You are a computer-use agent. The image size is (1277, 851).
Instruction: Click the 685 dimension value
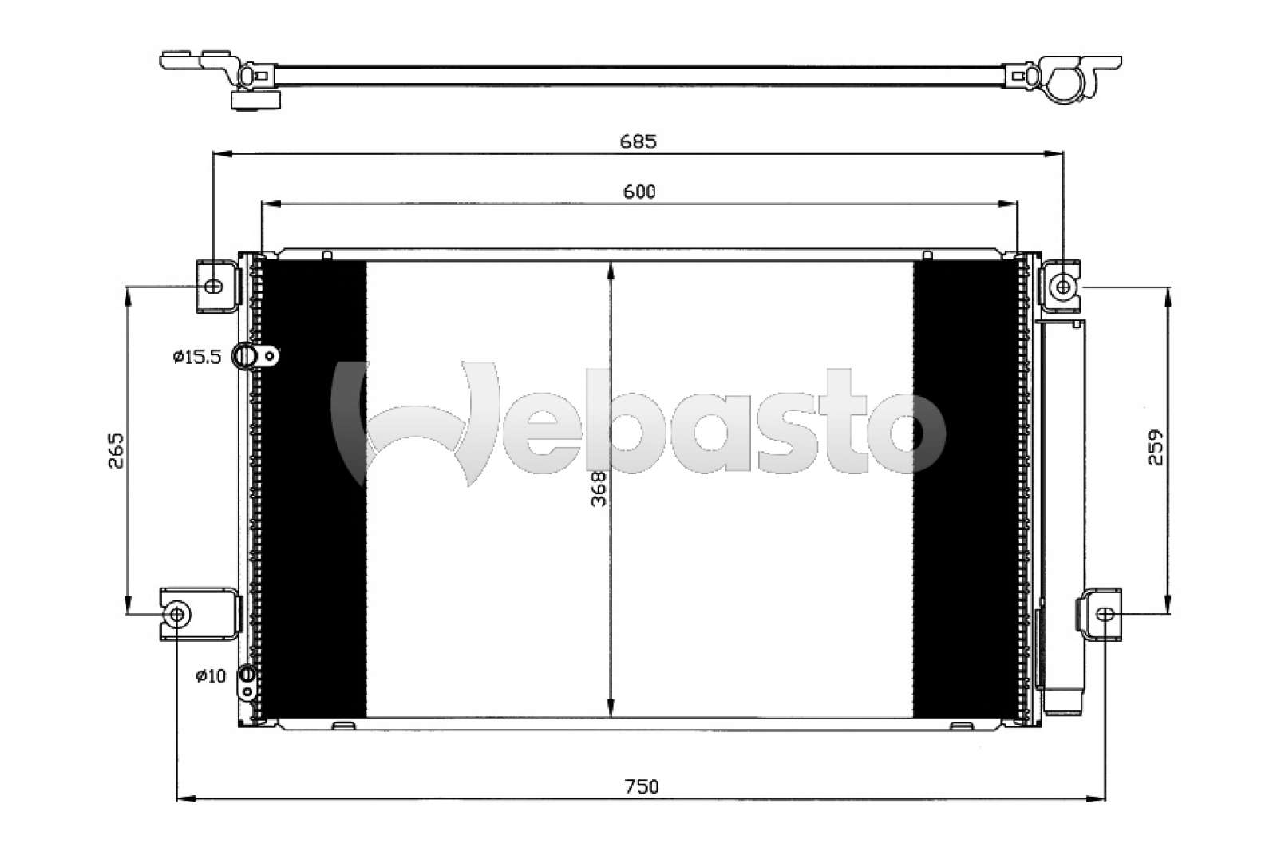tap(638, 141)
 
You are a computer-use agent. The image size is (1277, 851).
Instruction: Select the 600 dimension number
tap(639, 192)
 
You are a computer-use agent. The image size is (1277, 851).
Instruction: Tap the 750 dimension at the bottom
tap(642, 786)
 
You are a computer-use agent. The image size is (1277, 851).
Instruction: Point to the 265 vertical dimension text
tap(117, 450)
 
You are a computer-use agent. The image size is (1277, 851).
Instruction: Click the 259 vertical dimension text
tap(1155, 448)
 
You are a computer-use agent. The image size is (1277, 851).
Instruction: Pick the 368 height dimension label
tap(598, 489)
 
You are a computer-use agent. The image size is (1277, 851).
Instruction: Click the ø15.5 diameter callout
tap(196, 357)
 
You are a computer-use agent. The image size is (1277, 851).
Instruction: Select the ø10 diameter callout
tap(211, 676)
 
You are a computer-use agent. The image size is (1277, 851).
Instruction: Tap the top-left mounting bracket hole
tap(214, 286)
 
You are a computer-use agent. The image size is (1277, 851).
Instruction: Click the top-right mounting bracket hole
tap(1062, 286)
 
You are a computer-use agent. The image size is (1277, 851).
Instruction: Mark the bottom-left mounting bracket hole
tap(177, 614)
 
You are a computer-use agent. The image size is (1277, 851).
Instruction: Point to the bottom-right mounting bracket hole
tap(1105, 614)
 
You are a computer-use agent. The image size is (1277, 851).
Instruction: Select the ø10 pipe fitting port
tap(247, 675)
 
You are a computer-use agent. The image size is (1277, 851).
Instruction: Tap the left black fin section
tap(314, 489)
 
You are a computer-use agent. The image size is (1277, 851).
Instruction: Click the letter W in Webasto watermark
tap(415, 423)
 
